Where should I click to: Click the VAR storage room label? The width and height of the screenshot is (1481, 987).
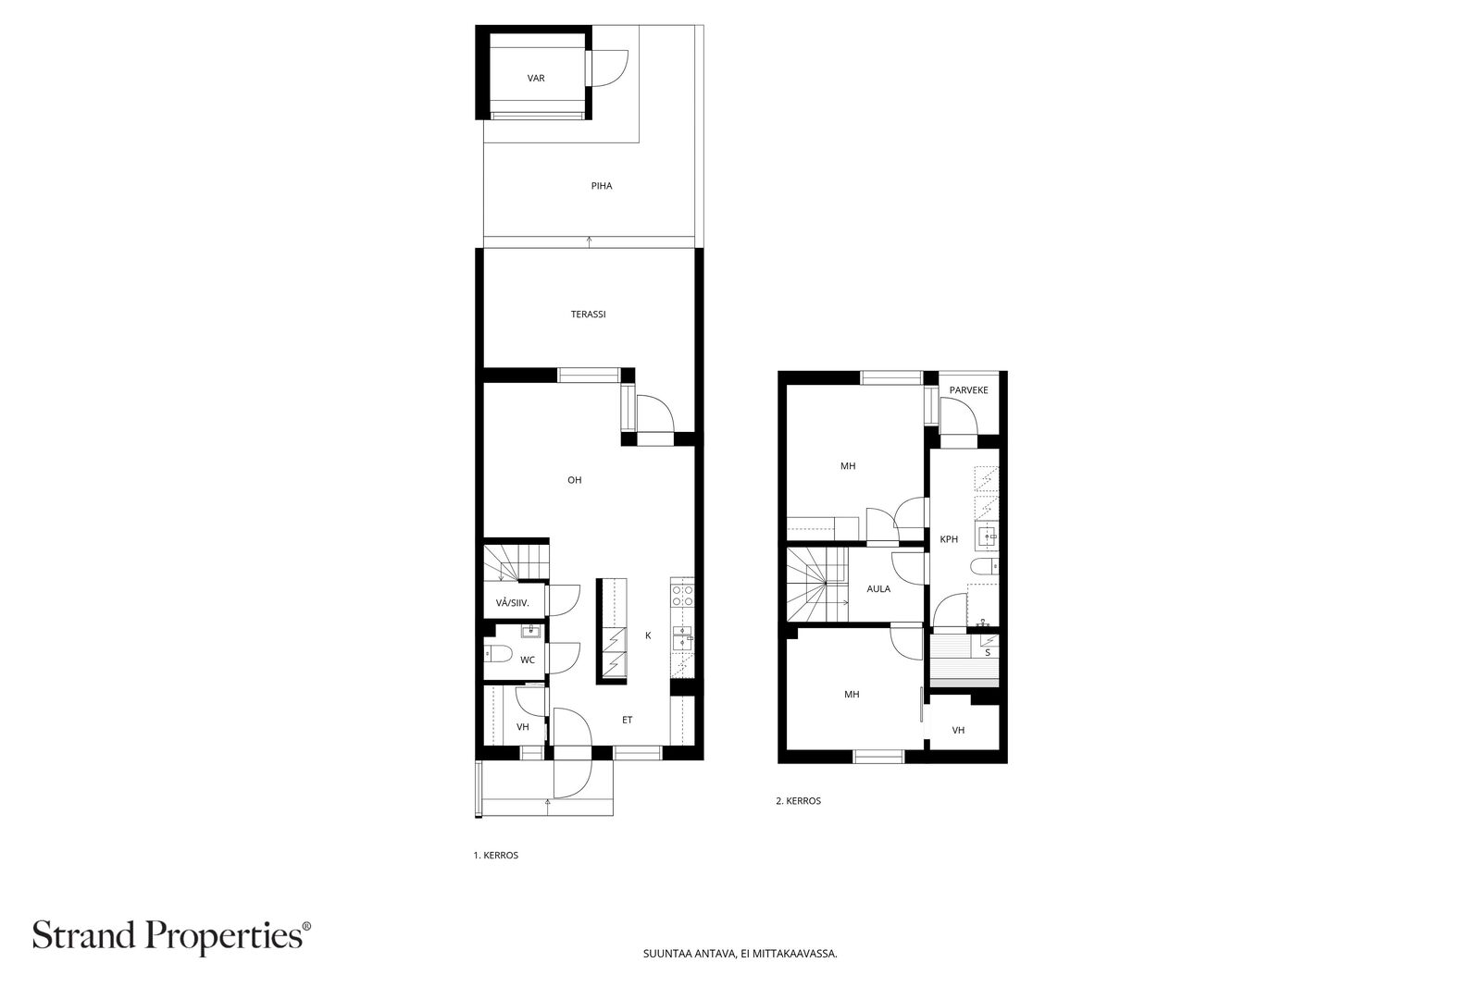pos(536,78)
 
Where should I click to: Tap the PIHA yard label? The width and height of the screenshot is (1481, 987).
pos(602,186)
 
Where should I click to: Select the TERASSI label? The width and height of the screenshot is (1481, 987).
pos(589,315)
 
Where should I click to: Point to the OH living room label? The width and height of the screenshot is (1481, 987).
pos(575,480)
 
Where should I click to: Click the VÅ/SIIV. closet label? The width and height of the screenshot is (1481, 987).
pos(513,603)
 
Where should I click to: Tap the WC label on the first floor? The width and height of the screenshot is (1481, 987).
pos(528,660)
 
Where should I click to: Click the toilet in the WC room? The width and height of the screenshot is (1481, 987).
pos(498,654)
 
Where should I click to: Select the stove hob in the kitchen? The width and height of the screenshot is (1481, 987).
pos(682,596)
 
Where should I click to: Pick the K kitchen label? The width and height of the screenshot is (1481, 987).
pos(648,635)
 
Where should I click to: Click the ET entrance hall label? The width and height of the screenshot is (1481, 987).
pos(627,720)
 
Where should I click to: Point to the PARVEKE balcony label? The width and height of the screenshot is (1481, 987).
pos(968,390)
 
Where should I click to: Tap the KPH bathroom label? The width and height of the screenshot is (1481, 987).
pos(949,539)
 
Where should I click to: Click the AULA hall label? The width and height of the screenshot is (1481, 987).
pos(878,589)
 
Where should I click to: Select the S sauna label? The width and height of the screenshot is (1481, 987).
pos(988,653)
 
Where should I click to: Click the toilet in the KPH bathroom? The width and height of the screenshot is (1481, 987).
pos(985,566)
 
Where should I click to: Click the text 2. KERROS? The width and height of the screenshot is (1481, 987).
pos(799,801)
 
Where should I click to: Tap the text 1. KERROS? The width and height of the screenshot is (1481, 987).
pos(496,855)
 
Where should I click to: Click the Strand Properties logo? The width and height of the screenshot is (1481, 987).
pos(171,936)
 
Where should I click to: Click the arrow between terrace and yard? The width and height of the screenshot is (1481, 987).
pos(589,241)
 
